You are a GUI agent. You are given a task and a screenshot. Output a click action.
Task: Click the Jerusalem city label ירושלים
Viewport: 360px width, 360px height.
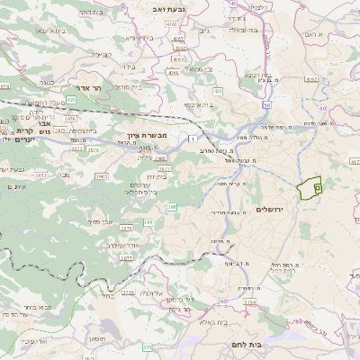click(x=270, y=209)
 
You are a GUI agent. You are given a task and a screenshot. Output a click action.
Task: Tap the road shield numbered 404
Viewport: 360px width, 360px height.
click(x=218, y=91)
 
